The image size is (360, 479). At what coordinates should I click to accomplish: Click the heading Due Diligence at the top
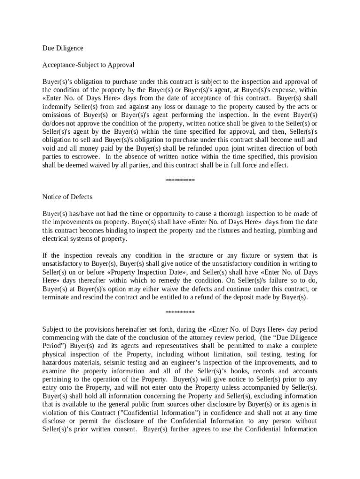(x=63, y=48)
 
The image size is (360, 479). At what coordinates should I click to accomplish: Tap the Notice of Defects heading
(x=67, y=197)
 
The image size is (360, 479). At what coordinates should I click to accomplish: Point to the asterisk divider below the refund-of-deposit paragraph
(x=180, y=313)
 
